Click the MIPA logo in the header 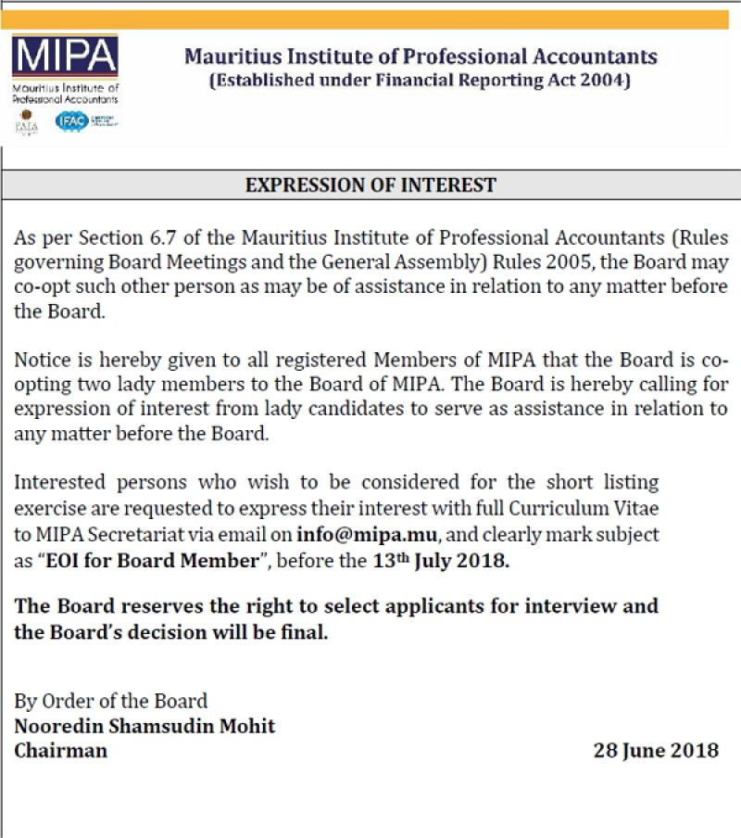click(x=65, y=57)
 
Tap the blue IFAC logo click(x=71, y=121)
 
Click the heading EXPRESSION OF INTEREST click(x=370, y=184)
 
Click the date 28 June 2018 click(x=656, y=750)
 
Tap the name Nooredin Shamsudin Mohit click(x=144, y=725)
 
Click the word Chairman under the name click(x=60, y=750)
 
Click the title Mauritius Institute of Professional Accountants click(x=421, y=57)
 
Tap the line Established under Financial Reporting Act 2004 click(x=421, y=81)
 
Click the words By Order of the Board click(x=111, y=701)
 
